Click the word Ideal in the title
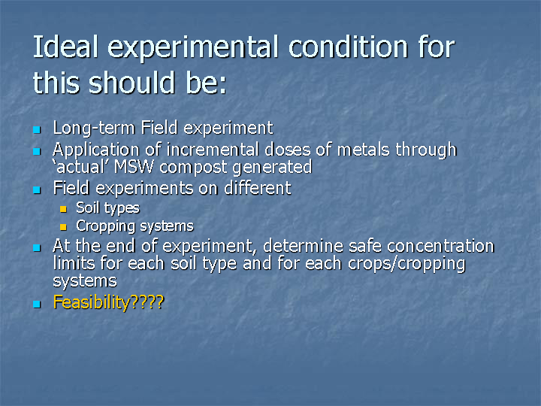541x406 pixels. [x=65, y=47]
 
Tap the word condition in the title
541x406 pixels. [x=349, y=47]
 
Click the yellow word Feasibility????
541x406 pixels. [x=108, y=302]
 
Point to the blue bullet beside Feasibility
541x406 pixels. [x=37, y=304]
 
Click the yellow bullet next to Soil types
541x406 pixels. [x=63, y=209]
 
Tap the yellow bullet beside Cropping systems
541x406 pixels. [x=63, y=227]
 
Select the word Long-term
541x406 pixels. [x=94, y=128]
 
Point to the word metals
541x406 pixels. [x=364, y=150]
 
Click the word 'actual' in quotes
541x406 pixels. [x=81, y=167]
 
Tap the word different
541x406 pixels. [x=258, y=188]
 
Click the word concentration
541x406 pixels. [x=440, y=246]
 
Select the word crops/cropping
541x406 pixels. [x=407, y=264]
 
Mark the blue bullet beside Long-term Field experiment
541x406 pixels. [x=37, y=130]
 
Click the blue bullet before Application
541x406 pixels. [x=37, y=152]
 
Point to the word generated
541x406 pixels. [x=272, y=168]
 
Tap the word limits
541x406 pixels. [x=74, y=263]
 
